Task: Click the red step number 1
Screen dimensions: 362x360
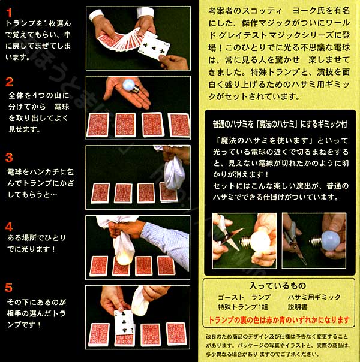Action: [x=9, y=11]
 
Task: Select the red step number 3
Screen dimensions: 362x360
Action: [x=9, y=158]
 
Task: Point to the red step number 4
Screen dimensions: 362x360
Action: [x=9, y=227]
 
